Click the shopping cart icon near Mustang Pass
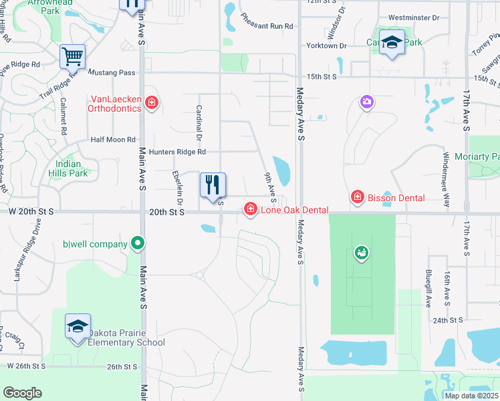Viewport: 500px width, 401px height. point(72,57)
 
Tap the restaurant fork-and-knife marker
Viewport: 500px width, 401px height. point(213,185)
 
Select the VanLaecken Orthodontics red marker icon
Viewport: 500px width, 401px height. point(152,103)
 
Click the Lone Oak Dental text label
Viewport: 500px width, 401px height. point(294,211)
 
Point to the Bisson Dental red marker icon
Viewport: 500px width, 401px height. point(358,197)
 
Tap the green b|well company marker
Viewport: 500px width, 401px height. point(138,244)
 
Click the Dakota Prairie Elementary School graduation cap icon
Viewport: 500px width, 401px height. point(77,327)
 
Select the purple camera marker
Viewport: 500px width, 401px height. point(366,102)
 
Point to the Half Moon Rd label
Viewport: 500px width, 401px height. point(113,140)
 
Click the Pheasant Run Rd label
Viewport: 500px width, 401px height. point(267,26)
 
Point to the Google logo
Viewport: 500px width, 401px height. point(22,393)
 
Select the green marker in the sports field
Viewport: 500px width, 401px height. point(362,253)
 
